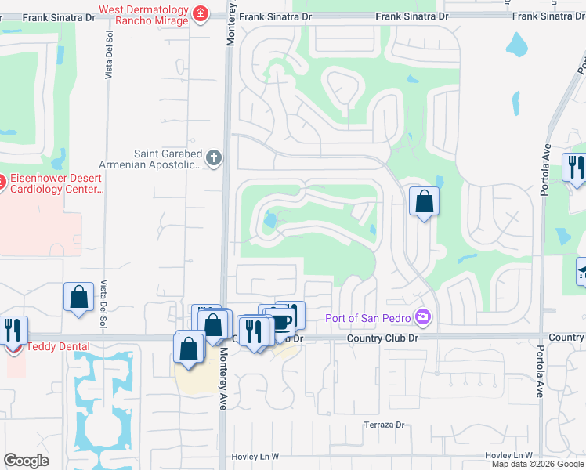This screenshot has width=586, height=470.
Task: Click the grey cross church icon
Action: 215,159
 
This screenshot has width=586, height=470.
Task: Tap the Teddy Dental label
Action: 58,346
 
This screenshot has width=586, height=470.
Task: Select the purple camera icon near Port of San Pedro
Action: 423,316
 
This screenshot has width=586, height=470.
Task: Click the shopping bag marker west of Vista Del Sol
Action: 78,298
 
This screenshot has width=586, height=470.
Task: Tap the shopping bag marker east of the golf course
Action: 424,202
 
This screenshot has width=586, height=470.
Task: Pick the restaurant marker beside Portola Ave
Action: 574,168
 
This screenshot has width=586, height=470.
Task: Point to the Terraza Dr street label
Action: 383,425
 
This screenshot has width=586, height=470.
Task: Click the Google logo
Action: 26,461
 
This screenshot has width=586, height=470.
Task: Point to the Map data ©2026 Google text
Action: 538,464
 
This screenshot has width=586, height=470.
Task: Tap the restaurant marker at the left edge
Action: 13,330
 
